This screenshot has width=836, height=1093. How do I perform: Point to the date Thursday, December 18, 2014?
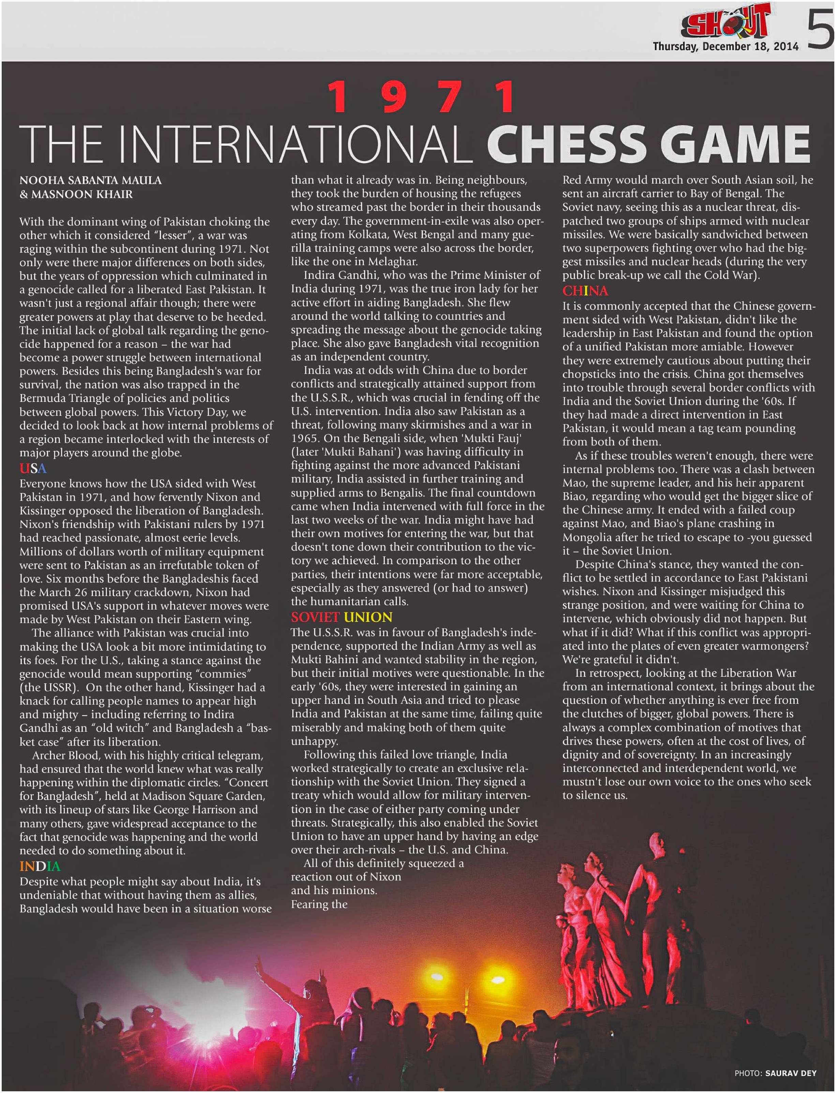tap(725, 47)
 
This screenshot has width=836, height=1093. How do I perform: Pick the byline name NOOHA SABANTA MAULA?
tap(91, 180)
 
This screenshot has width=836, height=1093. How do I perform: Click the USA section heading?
tap(33, 468)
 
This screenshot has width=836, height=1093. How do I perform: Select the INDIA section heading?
tap(40, 866)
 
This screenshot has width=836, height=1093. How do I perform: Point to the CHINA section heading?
tap(585, 290)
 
